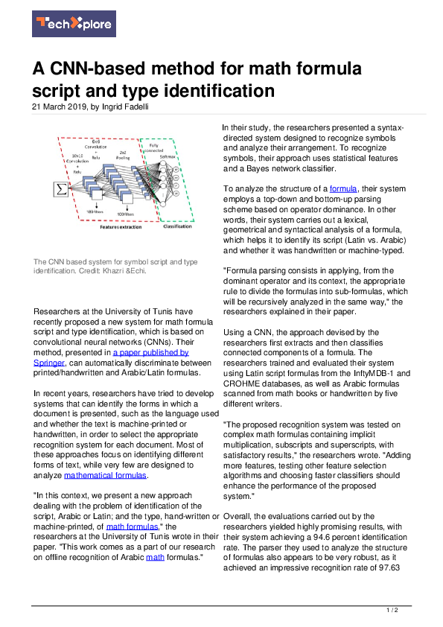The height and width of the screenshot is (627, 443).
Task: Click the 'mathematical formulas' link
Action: [105, 474]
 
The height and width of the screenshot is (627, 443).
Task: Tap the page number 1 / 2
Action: [392, 611]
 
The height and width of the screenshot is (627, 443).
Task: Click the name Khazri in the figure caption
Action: [130, 270]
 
